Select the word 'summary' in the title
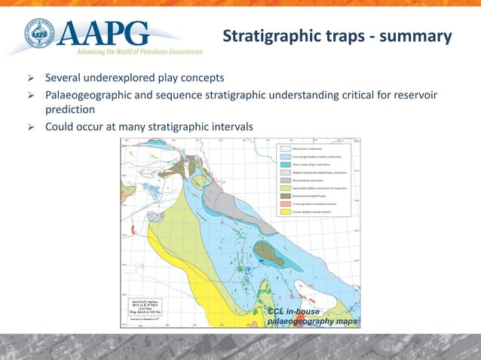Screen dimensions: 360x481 (416, 36)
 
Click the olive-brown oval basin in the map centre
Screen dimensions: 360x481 (268, 254)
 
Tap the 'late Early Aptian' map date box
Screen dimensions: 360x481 (142, 307)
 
